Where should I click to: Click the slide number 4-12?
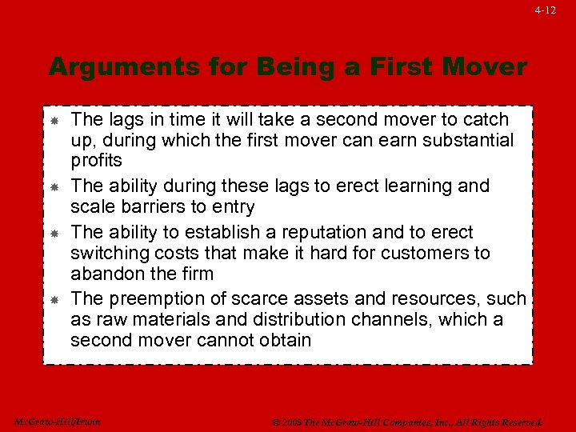[x=546, y=10]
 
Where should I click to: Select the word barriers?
[x=155, y=206]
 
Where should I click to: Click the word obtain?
[x=280, y=341]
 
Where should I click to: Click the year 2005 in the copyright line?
[x=291, y=422]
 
